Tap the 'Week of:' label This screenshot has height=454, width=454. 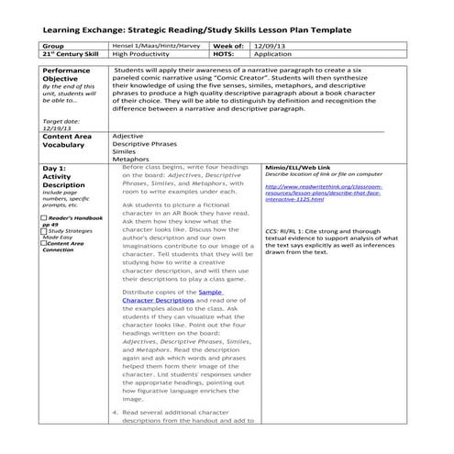227,44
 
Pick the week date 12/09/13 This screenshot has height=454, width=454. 270,44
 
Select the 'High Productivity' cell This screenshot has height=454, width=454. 141,53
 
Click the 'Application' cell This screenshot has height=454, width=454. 273,53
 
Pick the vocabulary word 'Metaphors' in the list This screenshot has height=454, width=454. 130,159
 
